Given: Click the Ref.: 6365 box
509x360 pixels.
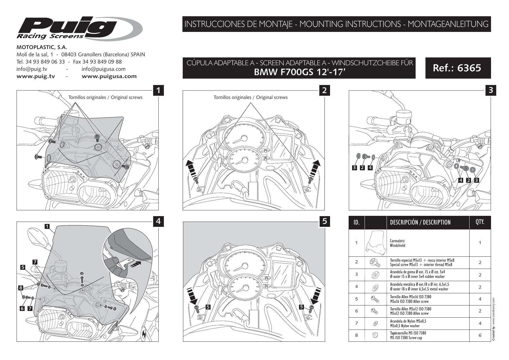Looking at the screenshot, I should [458, 68].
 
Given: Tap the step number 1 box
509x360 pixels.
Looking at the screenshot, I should [158, 90].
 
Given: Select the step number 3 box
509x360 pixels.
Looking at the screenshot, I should [491, 90].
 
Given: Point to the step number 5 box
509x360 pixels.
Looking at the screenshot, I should [325, 221].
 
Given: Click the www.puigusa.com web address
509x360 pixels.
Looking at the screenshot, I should [109, 76].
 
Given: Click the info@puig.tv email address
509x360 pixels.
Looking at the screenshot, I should [32, 69].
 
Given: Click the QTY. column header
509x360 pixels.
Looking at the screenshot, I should [480, 222].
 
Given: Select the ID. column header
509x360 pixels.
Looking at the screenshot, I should [356, 222].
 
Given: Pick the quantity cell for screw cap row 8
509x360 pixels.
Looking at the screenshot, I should [480, 335].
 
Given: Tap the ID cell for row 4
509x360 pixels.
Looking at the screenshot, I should [356, 287].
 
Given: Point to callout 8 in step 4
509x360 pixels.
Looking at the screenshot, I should [20, 288].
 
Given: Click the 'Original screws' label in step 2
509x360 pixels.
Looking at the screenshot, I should [251, 97].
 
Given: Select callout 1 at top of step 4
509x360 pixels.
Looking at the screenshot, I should [47, 226].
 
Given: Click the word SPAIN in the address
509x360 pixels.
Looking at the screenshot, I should [138, 55].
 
